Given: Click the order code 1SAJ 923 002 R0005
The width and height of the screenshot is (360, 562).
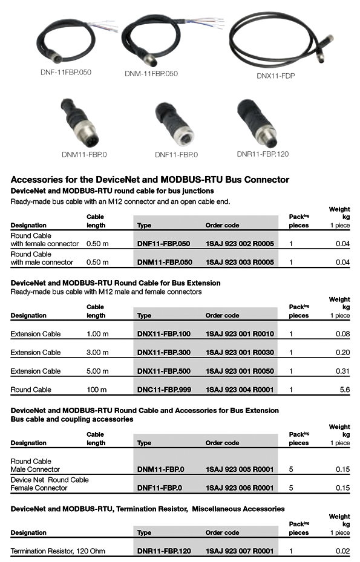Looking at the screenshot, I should (240, 244).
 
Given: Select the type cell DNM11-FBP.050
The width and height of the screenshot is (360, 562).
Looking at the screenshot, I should (165, 263).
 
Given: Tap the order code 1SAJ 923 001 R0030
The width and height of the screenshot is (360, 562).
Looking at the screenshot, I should (240, 352).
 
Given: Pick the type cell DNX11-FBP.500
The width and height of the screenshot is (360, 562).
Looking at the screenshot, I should (164, 371).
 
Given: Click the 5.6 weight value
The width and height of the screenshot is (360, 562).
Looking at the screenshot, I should (344, 390).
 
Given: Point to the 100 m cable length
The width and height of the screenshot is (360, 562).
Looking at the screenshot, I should (96, 390).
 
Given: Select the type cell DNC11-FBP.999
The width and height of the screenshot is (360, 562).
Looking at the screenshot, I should (164, 390).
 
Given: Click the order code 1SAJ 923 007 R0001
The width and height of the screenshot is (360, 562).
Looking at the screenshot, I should (240, 551).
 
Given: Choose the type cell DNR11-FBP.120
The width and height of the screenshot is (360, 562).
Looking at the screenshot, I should (164, 551).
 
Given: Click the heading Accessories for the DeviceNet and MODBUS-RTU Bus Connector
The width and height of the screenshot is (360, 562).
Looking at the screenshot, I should (150, 180).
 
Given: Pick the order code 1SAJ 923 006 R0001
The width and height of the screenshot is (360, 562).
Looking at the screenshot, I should (240, 488).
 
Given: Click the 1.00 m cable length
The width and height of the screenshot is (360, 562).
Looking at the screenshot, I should (97, 334).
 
